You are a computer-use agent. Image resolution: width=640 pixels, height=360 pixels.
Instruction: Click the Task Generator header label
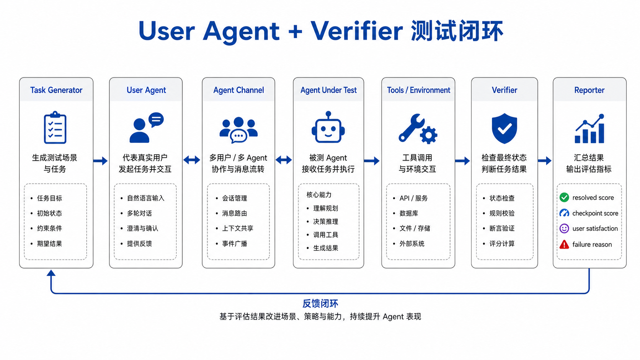[x=56, y=90]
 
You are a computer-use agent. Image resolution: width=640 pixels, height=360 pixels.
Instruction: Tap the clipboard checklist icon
[x=55, y=127]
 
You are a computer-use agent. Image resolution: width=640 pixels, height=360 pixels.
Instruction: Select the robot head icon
[x=328, y=127]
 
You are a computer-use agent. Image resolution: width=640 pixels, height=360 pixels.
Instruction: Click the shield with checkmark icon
[x=504, y=128]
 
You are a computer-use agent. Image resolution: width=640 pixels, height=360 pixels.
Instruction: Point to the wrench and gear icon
[x=418, y=129]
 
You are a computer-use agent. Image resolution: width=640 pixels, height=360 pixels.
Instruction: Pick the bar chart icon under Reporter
[x=589, y=129]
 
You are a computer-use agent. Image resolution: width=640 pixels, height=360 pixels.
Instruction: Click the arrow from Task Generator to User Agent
[x=101, y=161]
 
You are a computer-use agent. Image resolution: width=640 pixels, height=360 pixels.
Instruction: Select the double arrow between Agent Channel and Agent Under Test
[x=284, y=160]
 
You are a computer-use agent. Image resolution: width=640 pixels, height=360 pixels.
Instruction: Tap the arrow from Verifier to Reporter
[x=545, y=161]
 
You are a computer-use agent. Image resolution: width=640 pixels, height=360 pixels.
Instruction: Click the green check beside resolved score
[x=564, y=197]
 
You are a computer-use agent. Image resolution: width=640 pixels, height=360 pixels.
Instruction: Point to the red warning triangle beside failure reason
[x=564, y=244]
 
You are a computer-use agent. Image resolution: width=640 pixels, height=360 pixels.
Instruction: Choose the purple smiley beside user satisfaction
[x=564, y=229]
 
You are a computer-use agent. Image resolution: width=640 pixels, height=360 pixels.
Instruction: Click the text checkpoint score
[x=595, y=213]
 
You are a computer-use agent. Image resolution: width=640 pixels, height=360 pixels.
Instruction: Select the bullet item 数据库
[x=409, y=213]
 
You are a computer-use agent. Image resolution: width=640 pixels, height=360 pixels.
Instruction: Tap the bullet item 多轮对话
[x=139, y=213]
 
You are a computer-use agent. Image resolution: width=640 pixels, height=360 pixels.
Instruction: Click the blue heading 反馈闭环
[x=320, y=303]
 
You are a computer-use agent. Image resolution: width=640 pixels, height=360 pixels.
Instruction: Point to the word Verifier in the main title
[x=357, y=31]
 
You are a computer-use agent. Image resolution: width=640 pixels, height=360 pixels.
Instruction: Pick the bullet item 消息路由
[x=235, y=213]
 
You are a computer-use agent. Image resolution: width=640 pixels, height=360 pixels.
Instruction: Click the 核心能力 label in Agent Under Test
[x=319, y=195]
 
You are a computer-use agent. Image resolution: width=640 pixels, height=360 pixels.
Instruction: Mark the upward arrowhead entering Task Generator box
[x=51, y=273]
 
